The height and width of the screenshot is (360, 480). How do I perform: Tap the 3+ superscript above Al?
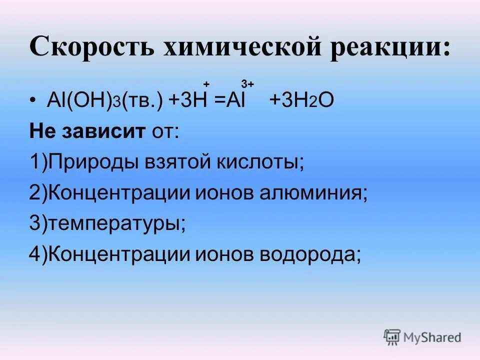coord(247,83)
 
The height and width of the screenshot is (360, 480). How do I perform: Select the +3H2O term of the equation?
coord(300,100)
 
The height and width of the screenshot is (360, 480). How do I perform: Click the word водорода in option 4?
coord(309,255)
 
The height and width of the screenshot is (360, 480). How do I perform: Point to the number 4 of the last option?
coord(34,255)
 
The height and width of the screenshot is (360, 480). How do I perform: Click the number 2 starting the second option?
coord(34,193)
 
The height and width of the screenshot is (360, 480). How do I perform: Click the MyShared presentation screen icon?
coord(392,337)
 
